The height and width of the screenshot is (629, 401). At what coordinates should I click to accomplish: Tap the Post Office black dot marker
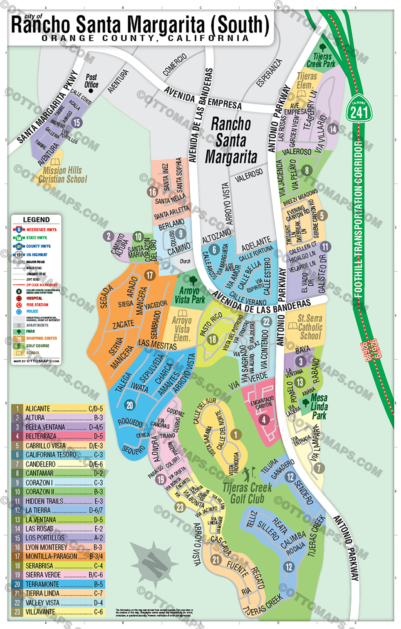tap(91, 91)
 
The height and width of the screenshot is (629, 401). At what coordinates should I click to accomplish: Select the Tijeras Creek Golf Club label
tap(247, 493)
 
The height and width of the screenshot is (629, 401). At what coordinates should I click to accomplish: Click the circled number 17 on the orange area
tap(150, 275)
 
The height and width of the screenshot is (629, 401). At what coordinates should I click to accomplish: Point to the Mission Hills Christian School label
tap(63, 175)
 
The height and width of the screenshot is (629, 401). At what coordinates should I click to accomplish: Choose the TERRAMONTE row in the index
tap(58, 584)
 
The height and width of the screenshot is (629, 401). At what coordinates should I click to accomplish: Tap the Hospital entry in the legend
tap(34, 298)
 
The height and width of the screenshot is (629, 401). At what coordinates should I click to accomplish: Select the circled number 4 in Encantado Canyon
tap(264, 420)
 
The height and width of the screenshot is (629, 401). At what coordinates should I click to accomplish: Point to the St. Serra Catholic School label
tap(310, 327)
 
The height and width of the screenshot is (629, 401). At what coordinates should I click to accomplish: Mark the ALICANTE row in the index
tap(58, 409)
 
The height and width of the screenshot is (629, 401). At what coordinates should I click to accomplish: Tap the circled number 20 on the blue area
tap(130, 405)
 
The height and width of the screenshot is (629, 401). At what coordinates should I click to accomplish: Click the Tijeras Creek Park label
tap(321, 60)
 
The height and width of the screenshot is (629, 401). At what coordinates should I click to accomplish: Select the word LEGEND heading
tap(36, 220)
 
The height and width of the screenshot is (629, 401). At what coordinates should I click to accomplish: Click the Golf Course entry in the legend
tap(37, 346)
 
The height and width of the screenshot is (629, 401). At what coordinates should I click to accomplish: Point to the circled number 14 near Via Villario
tap(332, 129)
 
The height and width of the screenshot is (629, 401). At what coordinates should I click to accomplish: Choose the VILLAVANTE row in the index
tap(58, 612)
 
